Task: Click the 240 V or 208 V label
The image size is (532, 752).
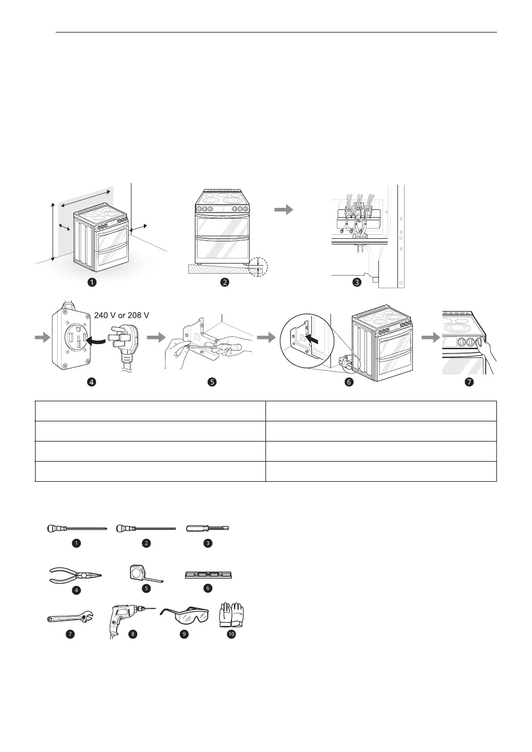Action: (x=122, y=315)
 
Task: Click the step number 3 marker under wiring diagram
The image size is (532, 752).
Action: (x=357, y=282)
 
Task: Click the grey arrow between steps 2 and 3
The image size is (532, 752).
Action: (x=283, y=210)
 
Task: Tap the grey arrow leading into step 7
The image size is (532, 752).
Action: (x=429, y=337)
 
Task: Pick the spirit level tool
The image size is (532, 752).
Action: (x=208, y=574)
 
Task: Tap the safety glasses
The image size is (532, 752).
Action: (x=184, y=616)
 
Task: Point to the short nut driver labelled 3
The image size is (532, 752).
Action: (x=208, y=528)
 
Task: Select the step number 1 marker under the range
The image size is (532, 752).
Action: (x=92, y=282)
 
